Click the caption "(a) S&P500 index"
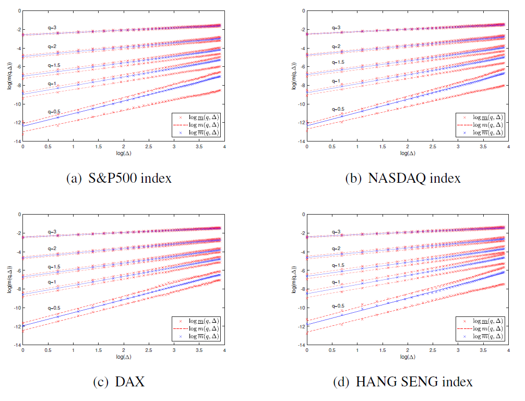click(119, 178)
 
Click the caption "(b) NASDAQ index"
click(403, 178)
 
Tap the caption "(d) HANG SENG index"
click(403, 382)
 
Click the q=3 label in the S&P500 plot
click(51, 28)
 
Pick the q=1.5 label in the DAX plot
click(54, 267)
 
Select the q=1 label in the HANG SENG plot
click(336, 282)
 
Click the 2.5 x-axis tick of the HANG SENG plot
click(433, 351)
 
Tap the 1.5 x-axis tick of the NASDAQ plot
click(382, 147)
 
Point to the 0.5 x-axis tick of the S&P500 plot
click(47, 147)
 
